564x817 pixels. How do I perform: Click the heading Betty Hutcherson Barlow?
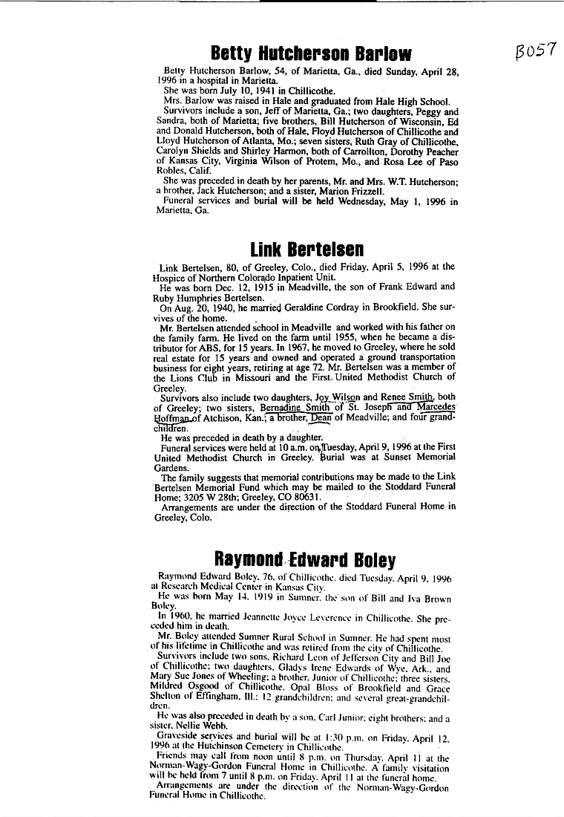pos(311,53)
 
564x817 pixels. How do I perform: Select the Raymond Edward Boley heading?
pos(304,559)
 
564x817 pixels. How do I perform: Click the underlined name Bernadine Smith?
pos(293,407)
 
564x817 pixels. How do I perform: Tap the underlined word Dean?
pos(320,417)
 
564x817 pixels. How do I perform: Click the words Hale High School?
pos(404,102)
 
